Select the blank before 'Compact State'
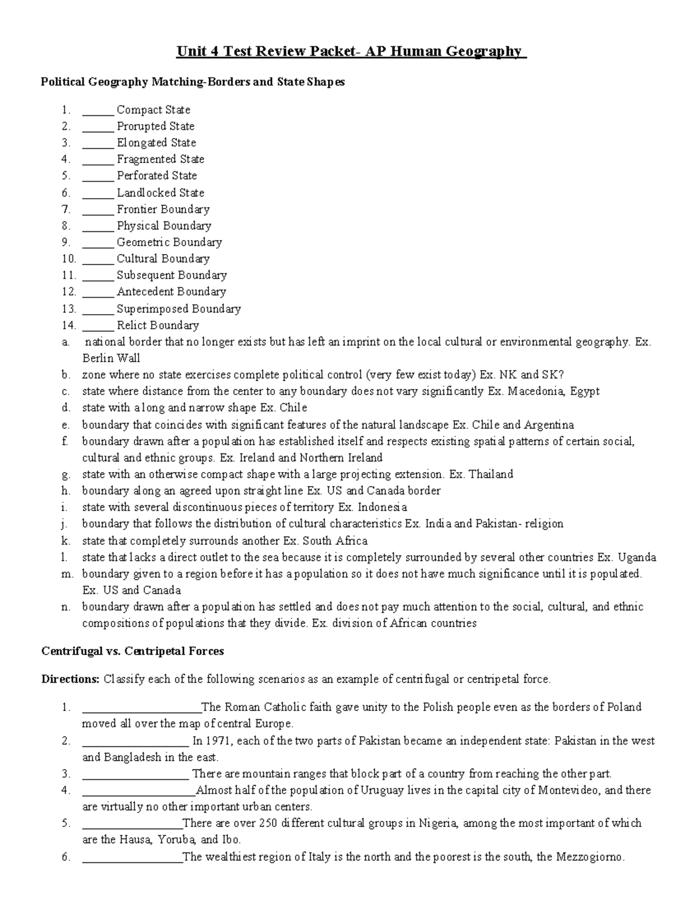pos(98,110)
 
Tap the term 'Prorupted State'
pos(156,126)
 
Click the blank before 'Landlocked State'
pos(98,193)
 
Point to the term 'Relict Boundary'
pos(158,325)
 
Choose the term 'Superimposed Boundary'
pos(179,309)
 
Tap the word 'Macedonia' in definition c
pos(536,391)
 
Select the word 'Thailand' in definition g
pos(490,474)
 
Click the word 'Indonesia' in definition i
pos(382,507)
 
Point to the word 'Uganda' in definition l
pos(637,557)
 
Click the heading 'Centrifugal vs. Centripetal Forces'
pos(133,651)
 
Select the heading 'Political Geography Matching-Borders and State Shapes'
pos(193,82)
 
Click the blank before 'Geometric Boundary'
pos(98,242)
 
